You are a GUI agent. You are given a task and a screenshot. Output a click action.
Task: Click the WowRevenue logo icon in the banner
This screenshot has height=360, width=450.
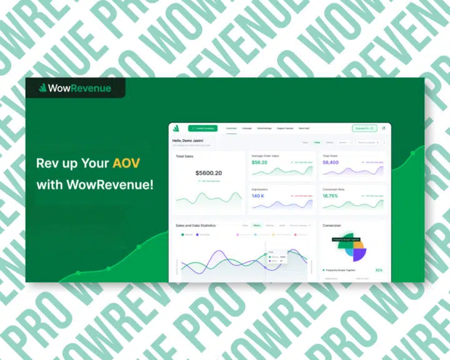(43, 88)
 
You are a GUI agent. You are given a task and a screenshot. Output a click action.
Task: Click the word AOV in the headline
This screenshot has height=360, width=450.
(126, 164)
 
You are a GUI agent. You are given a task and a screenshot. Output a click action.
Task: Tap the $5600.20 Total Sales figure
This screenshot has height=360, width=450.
(208, 172)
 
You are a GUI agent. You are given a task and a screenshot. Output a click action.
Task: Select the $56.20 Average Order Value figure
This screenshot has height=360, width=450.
(259, 162)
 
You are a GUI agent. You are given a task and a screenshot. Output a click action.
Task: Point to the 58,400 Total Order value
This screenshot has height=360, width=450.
(331, 162)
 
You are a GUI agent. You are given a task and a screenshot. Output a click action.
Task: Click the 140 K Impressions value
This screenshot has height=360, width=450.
(258, 196)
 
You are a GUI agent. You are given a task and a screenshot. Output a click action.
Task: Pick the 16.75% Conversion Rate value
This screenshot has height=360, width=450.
(330, 196)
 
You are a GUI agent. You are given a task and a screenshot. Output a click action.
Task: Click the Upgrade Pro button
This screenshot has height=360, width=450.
(364, 128)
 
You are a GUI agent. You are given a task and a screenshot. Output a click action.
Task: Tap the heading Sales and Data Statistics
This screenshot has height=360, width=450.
(195, 225)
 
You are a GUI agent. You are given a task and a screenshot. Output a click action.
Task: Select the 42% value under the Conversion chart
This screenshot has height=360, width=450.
(379, 270)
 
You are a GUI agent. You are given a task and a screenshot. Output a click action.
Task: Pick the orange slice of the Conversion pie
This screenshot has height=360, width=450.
(358, 244)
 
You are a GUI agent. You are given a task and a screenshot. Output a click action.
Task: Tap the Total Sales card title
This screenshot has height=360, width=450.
(184, 156)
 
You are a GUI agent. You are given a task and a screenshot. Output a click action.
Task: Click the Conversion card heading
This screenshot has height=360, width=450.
(332, 225)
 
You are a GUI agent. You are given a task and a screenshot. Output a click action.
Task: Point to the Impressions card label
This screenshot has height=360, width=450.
(259, 188)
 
